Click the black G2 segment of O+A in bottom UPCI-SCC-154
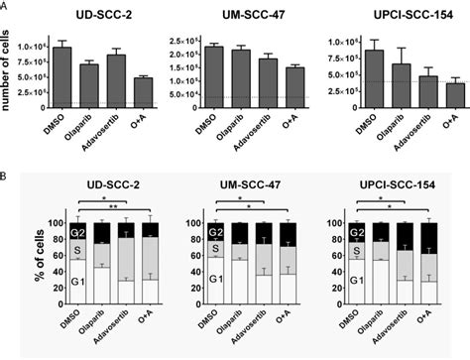pos(428,238)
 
